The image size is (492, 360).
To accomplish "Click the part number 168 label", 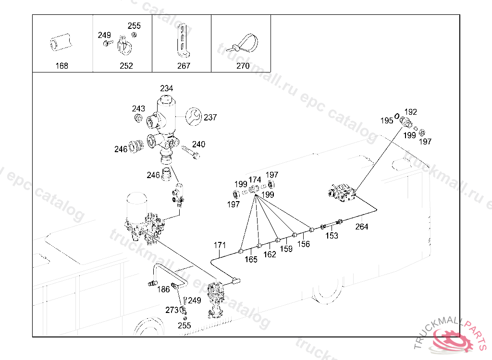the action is click(x=62, y=66).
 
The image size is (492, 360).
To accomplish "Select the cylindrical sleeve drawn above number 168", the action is click(x=61, y=42).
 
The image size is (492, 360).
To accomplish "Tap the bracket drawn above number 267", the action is click(x=183, y=41).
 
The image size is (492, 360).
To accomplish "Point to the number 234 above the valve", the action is click(x=166, y=88).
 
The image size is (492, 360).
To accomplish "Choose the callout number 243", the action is click(x=138, y=108).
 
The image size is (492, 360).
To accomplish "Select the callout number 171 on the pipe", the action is click(x=220, y=245).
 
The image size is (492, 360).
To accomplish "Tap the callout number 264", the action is click(x=361, y=227).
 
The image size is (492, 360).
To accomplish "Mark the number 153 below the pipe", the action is click(x=332, y=236).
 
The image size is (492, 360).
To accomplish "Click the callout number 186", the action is click(x=163, y=289).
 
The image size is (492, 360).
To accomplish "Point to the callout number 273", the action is click(x=172, y=310).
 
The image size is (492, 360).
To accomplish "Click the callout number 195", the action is click(x=387, y=120).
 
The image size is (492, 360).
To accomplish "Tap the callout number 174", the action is click(x=255, y=180).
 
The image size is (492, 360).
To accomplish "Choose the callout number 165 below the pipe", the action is click(x=251, y=259).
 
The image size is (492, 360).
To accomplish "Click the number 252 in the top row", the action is click(x=126, y=66).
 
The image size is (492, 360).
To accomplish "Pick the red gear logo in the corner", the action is click(x=452, y=339).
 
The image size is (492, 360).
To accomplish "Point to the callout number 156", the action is click(x=304, y=244).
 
